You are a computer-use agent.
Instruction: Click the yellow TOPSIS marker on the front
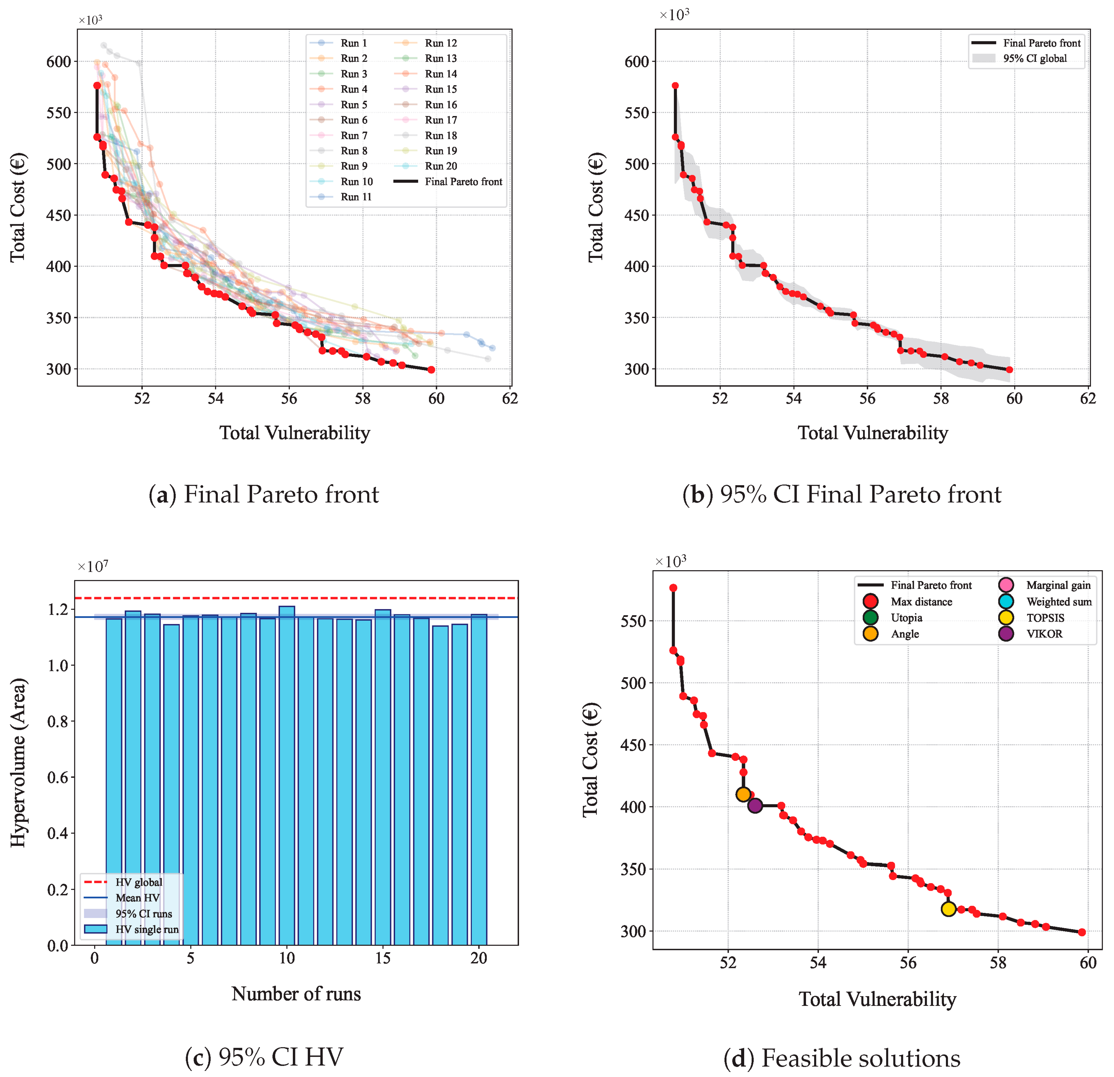(x=948, y=909)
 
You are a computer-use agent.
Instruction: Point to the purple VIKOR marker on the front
(x=755, y=805)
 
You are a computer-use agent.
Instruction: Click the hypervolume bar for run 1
(x=114, y=781)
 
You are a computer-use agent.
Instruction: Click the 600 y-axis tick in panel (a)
(x=58, y=61)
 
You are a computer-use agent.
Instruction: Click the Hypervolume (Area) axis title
(x=18, y=763)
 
